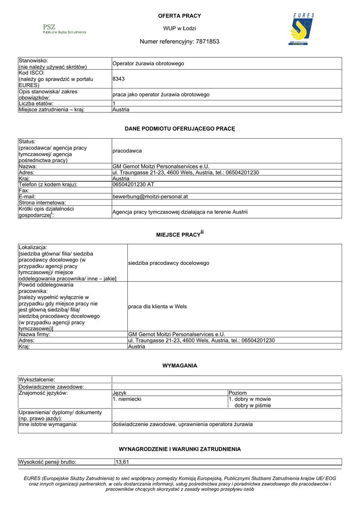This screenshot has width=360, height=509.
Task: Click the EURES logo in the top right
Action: (x=302, y=30)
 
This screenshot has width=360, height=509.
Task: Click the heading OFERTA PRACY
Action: (x=180, y=16)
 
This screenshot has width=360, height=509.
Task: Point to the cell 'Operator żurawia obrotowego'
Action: (x=148, y=64)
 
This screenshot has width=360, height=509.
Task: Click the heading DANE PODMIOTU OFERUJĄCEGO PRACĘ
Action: (x=180, y=129)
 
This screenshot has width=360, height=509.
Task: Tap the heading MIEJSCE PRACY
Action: (x=178, y=234)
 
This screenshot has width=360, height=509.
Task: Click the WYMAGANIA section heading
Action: (x=180, y=366)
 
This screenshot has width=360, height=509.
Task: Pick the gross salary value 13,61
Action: (x=122, y=462)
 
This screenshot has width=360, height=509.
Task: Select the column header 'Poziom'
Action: (x=237, y=393)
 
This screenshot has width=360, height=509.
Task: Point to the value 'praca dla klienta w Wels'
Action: (x=157, y=307)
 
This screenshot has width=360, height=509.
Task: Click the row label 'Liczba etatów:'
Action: (x=40, y=103)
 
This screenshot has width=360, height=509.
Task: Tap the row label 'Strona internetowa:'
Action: (x=42, y=203)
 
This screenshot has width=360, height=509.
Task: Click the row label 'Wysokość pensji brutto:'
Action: (x=48, y=462)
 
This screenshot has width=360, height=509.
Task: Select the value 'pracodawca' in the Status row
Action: (x=127, y=151)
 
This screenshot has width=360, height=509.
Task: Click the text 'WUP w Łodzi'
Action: (x=180, y=28)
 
